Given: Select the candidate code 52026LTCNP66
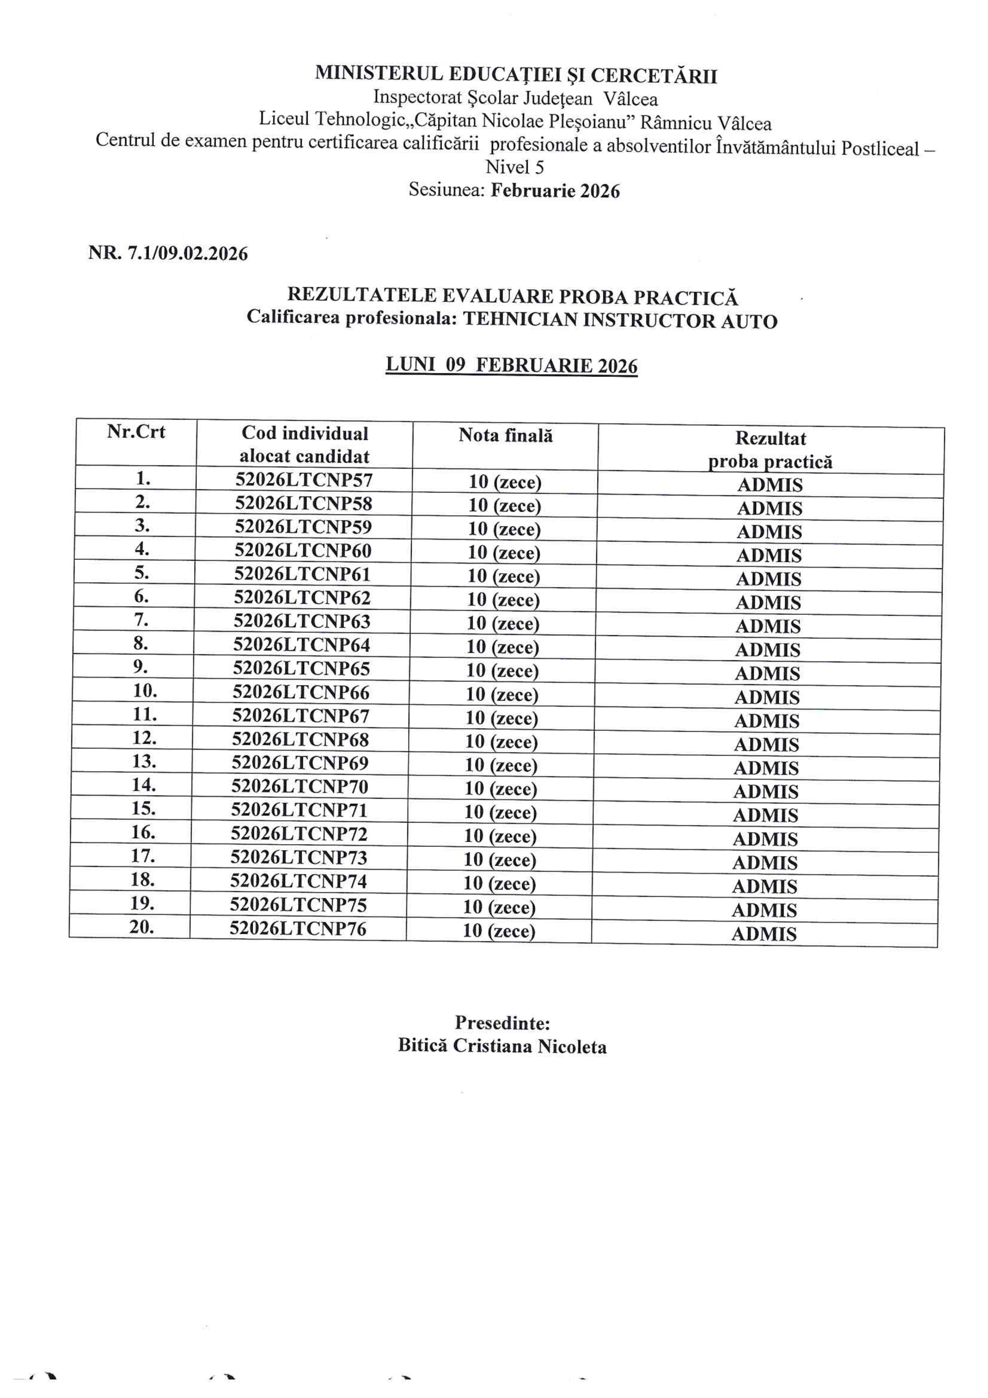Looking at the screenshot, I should pos(301,693).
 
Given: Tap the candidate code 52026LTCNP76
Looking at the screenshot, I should pos(298,928).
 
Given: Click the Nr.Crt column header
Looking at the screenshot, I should pos(136,432).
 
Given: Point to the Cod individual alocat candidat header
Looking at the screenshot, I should pos(304,444).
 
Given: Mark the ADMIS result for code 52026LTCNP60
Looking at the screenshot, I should pos(769,555).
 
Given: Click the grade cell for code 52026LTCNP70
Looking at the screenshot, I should pos(501,789).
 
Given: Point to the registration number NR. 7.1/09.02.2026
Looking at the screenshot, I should pos(168,253).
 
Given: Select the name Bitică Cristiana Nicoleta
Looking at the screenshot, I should pos(502,1046).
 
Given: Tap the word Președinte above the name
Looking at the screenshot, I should pos(502,1022).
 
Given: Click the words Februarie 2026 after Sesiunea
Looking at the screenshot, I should pos(555,191).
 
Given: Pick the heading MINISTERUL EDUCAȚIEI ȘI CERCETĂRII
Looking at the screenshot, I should pos(516,75).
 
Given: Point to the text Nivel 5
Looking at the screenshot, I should pos(515,167).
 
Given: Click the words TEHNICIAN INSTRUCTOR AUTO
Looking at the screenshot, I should pos(620,321).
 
